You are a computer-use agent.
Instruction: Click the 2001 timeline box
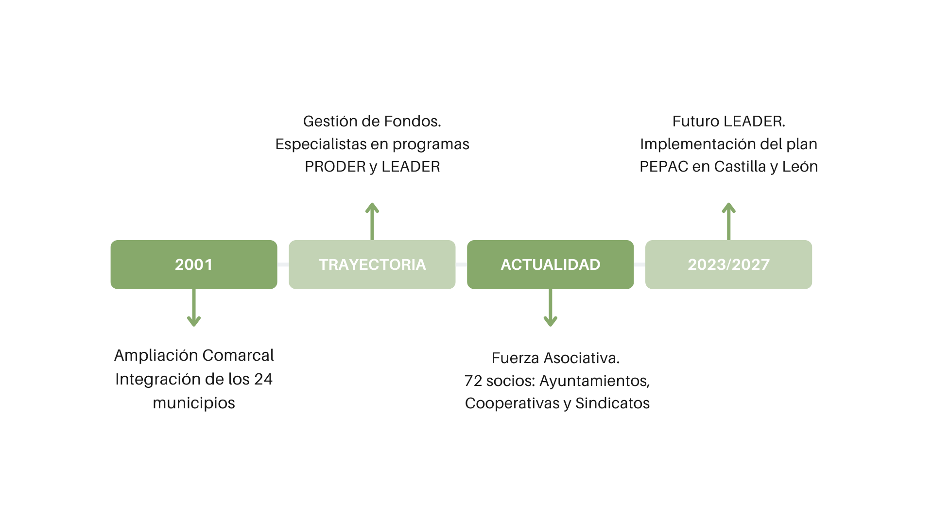point(194,264)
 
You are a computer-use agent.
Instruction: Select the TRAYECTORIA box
point(372,264)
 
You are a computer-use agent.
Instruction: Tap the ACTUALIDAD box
point(550,264)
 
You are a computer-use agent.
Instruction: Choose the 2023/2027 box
point(728,264)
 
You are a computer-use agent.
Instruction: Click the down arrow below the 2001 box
point(194,309)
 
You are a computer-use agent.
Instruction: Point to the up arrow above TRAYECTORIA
point(372,221)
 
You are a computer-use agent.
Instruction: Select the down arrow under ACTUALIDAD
point(550,309)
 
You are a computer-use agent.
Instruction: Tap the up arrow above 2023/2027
point(728,221)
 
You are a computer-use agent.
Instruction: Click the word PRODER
point(335,167)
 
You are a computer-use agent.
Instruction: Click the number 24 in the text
point(263,379)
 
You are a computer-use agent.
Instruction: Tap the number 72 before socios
point(473,381)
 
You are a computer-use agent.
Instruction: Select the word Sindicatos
point(612,403)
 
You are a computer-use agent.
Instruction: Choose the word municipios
point(194,403)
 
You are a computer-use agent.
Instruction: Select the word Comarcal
point(238,355)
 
